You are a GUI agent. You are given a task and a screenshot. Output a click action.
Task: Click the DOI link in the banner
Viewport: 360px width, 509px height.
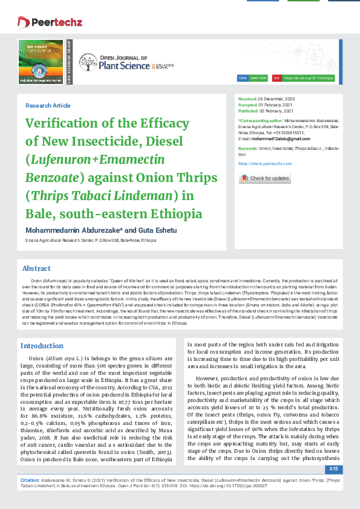(308, 78)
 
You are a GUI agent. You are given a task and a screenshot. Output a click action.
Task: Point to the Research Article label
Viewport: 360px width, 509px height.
(48, 106)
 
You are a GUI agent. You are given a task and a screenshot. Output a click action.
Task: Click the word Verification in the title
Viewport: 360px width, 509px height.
(65, 124)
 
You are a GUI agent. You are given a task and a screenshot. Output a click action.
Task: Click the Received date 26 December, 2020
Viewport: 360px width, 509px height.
(277, 98)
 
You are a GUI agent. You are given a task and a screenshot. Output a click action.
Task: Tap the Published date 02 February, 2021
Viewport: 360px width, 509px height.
(277, 111)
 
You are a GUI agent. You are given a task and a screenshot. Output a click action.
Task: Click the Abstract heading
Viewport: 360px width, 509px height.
(36, 268)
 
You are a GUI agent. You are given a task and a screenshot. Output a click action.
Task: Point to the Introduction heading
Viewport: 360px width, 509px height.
(42, 346)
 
